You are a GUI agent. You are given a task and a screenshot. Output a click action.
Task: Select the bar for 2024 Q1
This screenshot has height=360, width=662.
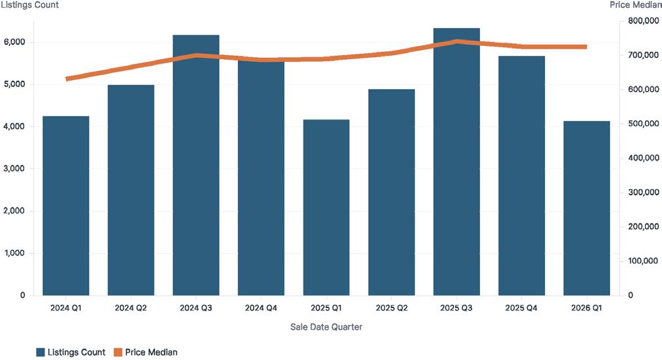click(66, 206)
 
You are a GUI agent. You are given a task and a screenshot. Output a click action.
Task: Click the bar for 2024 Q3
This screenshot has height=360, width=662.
click(196, 165)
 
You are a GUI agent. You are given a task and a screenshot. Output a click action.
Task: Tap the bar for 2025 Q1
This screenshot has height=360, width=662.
click(326, 208)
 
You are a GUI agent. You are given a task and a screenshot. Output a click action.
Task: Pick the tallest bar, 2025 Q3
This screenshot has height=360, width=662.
click(456, 162)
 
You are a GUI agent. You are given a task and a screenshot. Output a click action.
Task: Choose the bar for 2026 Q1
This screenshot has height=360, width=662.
click(586, 208)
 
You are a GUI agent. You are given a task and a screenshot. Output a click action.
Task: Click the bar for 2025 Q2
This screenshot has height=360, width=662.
click(391, 192)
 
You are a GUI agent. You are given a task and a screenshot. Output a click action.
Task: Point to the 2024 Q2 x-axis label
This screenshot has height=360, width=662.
click(131, 308)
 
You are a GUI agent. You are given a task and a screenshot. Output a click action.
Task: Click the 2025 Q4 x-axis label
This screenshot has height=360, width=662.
click(521, 308)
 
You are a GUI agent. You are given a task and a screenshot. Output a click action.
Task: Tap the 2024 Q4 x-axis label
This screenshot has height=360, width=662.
click(261, 308)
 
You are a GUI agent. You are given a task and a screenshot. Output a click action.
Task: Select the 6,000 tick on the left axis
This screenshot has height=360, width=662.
click(14, 42)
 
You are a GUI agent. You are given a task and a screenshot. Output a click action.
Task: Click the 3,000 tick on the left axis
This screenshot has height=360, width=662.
click(14, 169)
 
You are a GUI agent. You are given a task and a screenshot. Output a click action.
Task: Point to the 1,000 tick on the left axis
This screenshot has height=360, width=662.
click(14, 253)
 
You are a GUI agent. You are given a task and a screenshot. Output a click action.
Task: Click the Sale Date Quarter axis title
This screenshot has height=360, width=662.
click(326, 326)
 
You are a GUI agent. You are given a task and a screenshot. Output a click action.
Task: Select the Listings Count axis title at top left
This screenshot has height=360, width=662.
click(30, 5)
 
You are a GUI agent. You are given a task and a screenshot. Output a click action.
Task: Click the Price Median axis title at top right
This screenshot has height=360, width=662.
click(636, 5)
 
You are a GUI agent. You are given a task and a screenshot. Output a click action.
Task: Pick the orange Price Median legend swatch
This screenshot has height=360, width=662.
click(118, 352)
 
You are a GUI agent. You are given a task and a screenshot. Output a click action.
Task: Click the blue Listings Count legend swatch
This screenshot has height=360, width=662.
click(41, 352)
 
